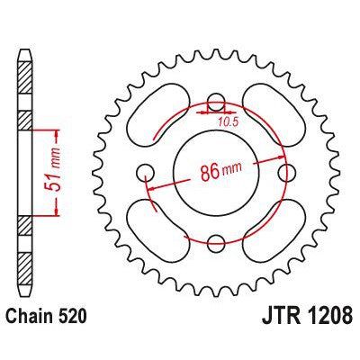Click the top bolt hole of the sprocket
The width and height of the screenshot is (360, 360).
tap(216, 101)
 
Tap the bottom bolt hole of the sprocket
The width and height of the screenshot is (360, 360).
tap(216, 241)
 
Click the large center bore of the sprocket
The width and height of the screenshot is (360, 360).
tap(216, 171)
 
